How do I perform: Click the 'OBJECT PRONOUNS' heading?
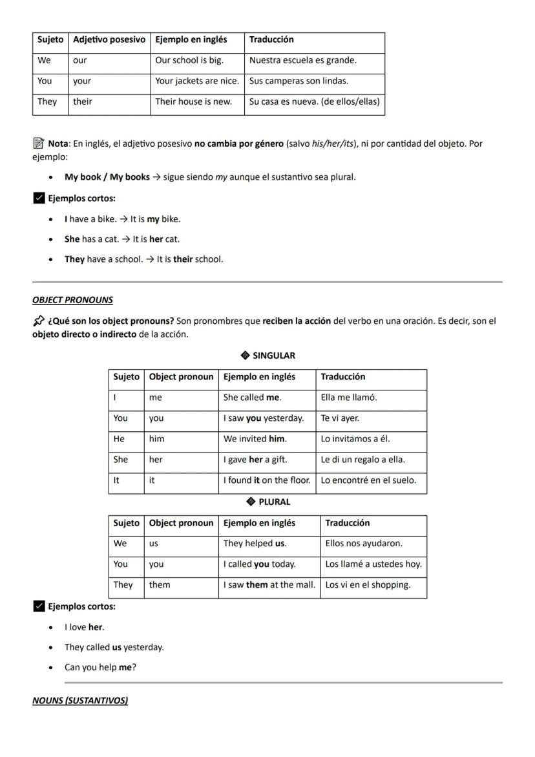click(72, 300)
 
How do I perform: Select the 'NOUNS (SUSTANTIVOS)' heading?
click(80, 701)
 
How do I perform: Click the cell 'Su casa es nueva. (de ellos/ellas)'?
click(315, 101)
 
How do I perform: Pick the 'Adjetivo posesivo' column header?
click(109, 39)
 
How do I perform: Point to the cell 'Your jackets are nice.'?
click(197, 81)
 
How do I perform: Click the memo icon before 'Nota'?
click(38, 143)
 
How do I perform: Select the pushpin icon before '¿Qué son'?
click(39, 321)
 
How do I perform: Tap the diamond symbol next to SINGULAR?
click(245, 356)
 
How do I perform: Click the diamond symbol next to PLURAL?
click(251, 502)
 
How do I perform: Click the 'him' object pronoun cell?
click(157, 439)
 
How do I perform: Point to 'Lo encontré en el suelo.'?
click(368, 480)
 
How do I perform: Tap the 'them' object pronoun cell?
click(160, 585)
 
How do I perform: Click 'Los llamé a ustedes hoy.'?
click(373, 564)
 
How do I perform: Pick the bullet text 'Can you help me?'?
click(100, 667)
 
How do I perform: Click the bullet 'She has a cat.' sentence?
click(122, 239)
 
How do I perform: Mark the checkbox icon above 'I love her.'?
click(39, 606)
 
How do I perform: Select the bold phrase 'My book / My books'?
click(107, 177)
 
